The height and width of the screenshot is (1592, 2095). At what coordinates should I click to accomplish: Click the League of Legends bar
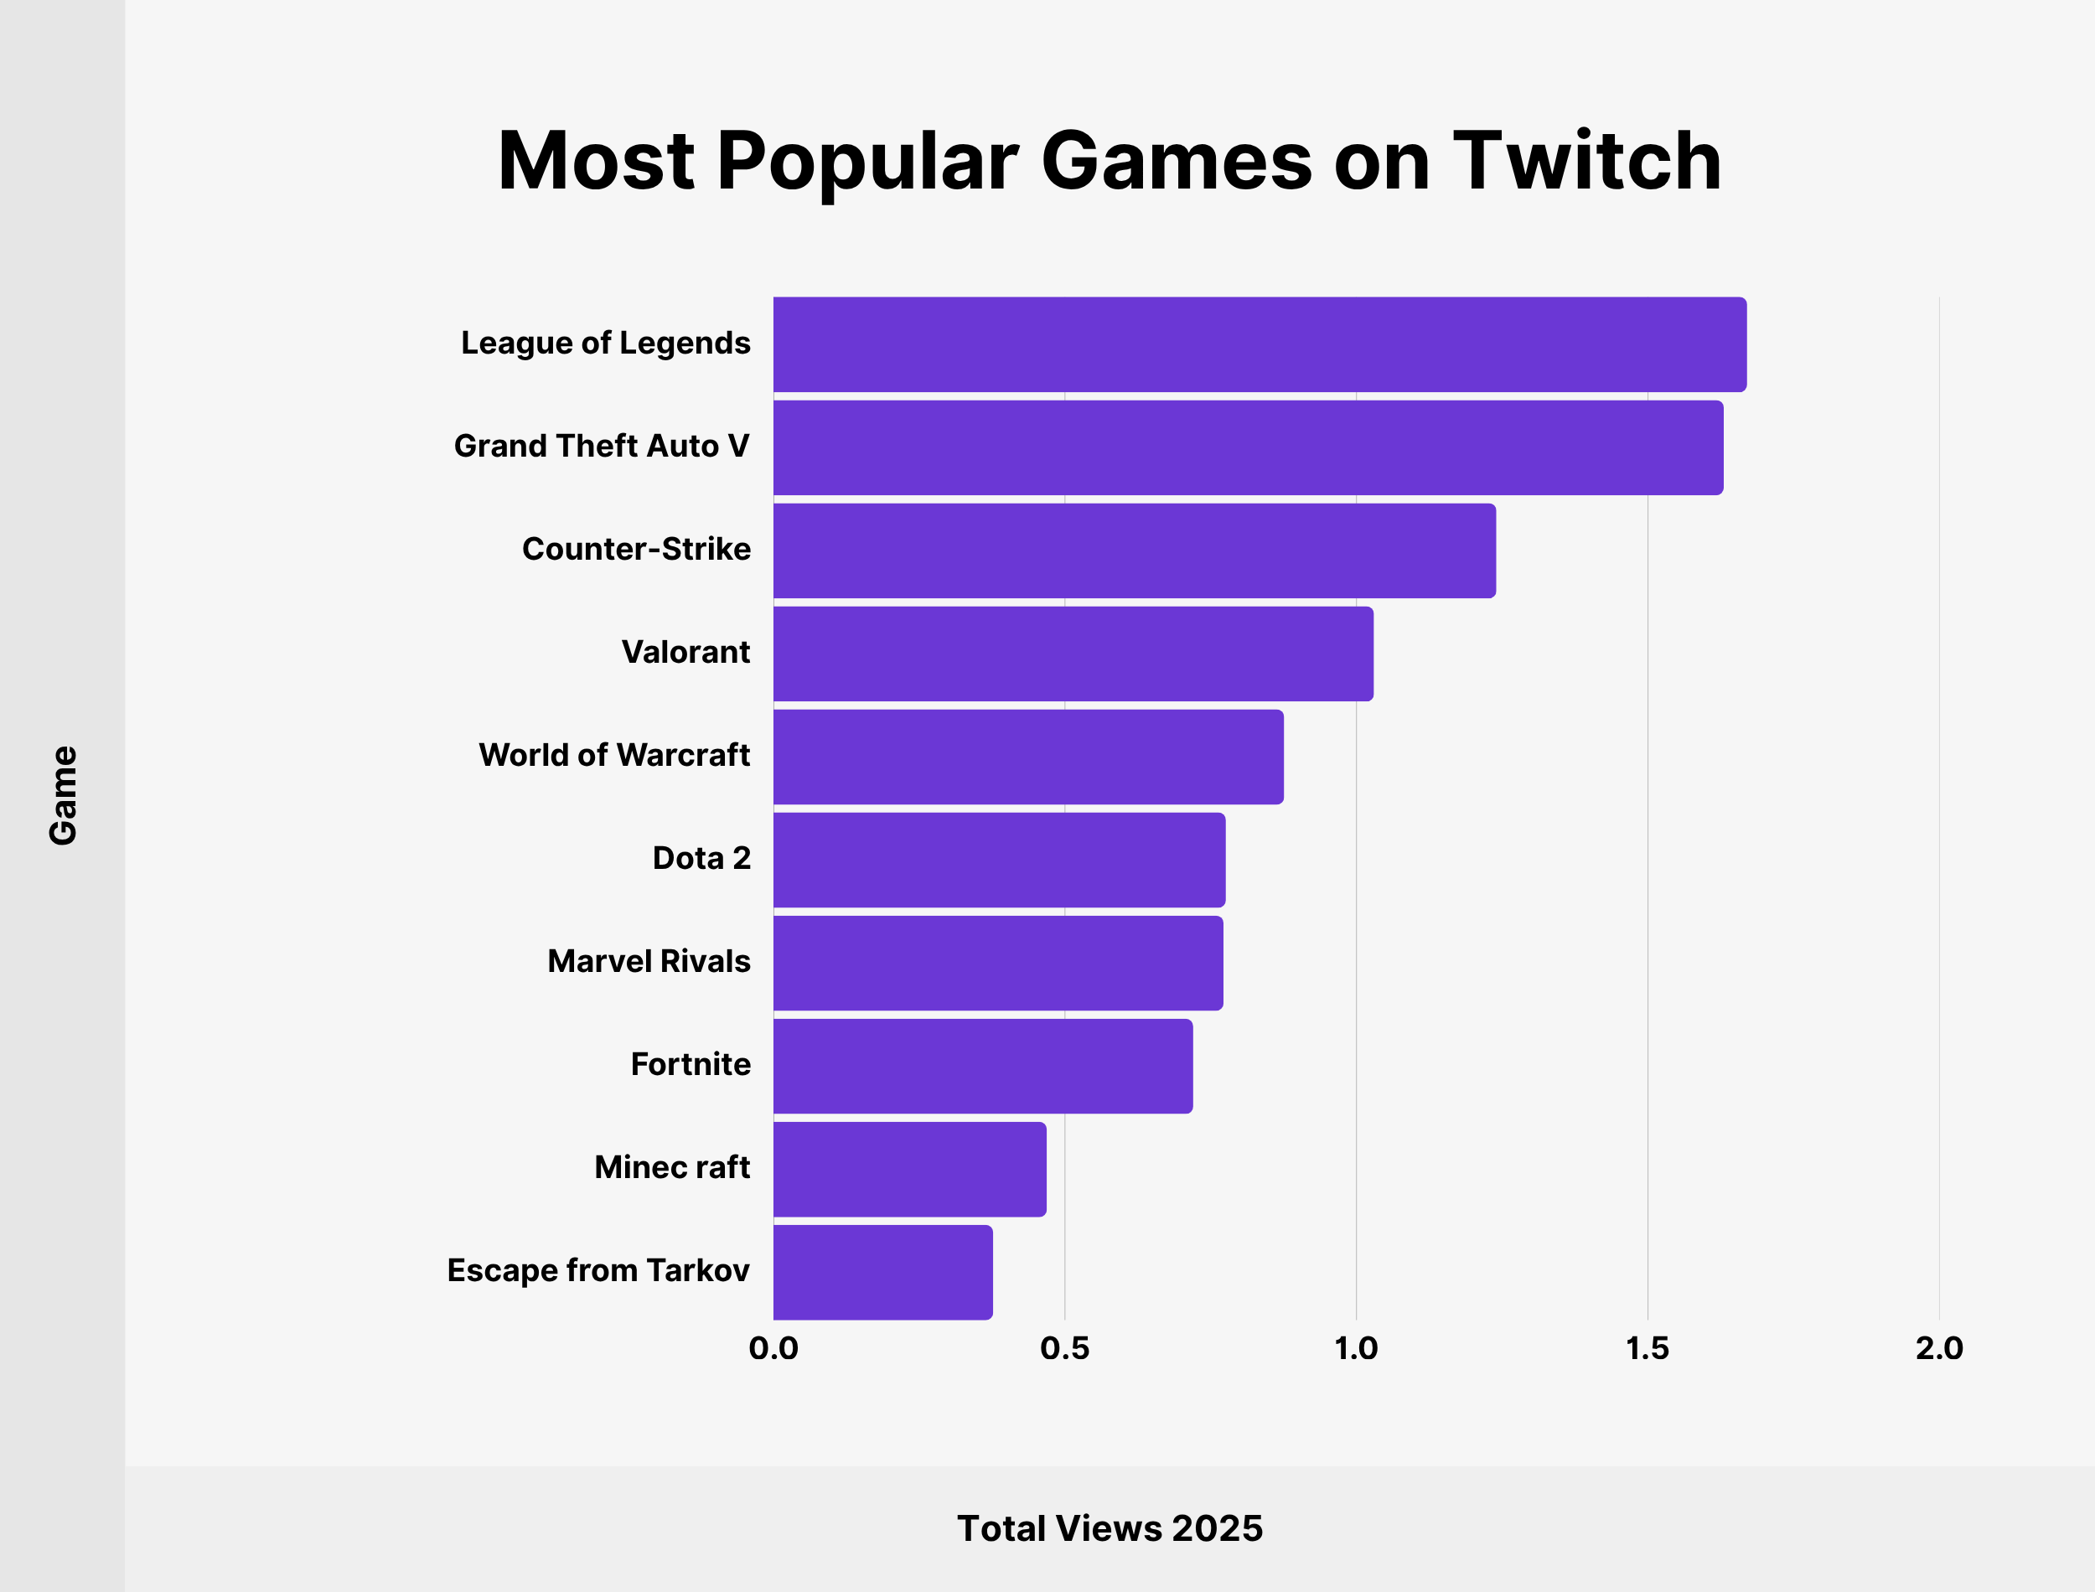[x=1259, y=344]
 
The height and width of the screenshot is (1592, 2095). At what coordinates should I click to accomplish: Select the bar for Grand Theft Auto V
[x=1247, y=447]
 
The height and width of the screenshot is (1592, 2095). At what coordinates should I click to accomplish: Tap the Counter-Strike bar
[x=1133, y=550]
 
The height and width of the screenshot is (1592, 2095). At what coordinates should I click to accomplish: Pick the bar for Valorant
[x=1073, y=654]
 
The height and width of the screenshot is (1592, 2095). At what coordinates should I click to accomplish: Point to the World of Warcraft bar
[x=1028, y=756]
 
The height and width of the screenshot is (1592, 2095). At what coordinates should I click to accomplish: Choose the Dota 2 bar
[x=999, y=860]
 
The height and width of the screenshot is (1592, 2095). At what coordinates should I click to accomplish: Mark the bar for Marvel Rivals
[x=998, y=963]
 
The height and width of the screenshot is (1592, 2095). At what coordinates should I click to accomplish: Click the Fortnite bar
[x=983, y=1066]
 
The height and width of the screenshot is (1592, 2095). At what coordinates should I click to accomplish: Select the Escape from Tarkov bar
[x=882, y=1272]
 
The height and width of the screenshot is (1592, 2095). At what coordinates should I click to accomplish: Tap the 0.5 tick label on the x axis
[x=1064, y=1348]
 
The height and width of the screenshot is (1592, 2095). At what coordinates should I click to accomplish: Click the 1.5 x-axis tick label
[x=1647, y=1348]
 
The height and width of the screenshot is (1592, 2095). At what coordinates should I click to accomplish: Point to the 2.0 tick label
[x=1938, y=1348]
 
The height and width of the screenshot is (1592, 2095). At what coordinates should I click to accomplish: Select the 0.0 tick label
[x=773, y=1348]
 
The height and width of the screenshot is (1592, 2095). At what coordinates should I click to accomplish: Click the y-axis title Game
[x=64, y=794]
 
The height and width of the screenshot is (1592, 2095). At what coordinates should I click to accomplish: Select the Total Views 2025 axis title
[x=1110, y=1528]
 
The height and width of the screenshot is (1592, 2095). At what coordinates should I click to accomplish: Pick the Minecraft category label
[x=672, y=1167]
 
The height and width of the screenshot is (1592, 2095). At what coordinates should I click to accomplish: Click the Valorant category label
[x=685, y=652]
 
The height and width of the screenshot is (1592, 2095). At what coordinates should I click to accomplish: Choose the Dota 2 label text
[x=701, y=859]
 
